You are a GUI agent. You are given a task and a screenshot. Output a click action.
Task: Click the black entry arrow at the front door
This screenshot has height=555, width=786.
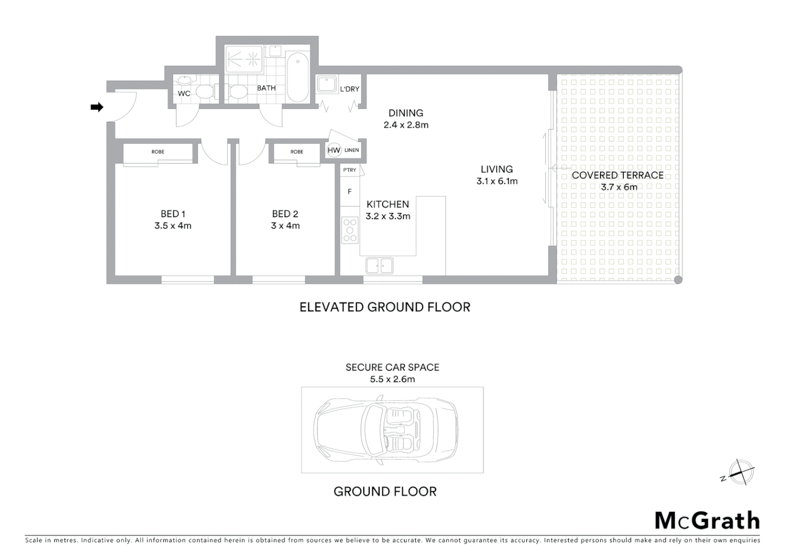coord(97,107)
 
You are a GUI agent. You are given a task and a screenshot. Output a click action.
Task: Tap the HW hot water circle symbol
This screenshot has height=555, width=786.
coord(334,151)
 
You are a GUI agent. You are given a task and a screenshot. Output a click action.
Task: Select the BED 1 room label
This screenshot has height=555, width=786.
coord(172,214)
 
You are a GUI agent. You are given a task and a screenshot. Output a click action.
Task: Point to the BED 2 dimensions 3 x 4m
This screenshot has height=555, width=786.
coord(285,226)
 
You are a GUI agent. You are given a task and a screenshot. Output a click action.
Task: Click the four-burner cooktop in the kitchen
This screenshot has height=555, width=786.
coord(350,230)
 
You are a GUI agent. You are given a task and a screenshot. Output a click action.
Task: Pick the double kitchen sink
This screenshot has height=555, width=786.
coord(379,266)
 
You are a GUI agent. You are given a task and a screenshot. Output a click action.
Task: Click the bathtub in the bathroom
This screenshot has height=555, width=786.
coord(297,79)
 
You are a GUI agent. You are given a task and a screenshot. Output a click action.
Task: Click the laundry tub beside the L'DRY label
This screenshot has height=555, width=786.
coord(326,84)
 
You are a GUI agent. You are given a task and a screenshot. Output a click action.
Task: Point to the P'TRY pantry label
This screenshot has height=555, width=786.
coord(349,170)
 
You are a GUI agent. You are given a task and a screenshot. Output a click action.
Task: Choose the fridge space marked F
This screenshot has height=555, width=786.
coord(350,192)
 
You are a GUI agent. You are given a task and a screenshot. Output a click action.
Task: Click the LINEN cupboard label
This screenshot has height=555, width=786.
coord(351,151)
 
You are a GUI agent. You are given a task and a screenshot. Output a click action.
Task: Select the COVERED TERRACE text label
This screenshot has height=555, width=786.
coord(617,175)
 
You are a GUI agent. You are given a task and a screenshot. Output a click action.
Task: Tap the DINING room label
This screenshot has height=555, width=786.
coord(405,113)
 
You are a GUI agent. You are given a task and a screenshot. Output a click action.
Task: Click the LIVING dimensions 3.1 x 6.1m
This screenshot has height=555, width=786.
coord(497,181)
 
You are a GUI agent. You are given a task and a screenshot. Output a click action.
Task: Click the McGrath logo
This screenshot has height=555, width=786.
coord(707,521)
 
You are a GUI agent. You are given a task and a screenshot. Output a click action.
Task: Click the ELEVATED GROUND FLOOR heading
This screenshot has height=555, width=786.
coord(385,307)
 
